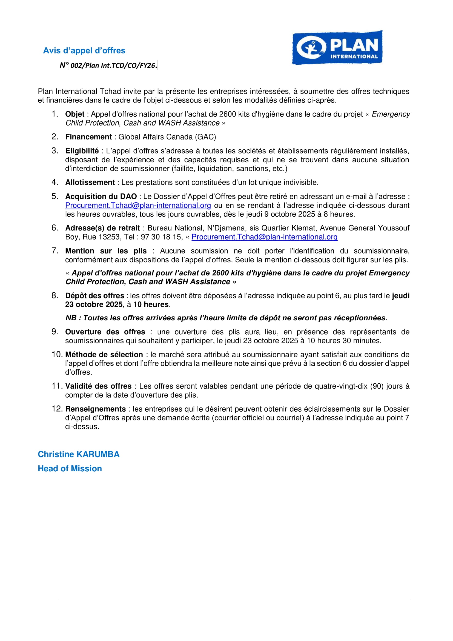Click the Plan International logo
[x=337, y=48]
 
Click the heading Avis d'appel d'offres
[x=84, y=50]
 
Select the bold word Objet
[x=75, y=114]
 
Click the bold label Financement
[x=88, y=137]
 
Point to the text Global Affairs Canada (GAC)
[x=167, y=137]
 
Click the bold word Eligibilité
[x=82, y=151]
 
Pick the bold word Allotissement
[x=90, y=183]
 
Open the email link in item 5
[x=138, y=206]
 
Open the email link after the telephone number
[x=265, y=237]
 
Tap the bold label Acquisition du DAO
[x=101, y=196]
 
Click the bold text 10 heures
[x=151, y=304]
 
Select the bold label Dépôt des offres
[x=94, y=296]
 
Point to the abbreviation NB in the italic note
[x=71, y=318]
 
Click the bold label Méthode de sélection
[x=104, y=355]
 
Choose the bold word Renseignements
[x=95, y=409]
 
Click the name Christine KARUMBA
[x=79, y=454]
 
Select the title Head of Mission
[x=70, y=469]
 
